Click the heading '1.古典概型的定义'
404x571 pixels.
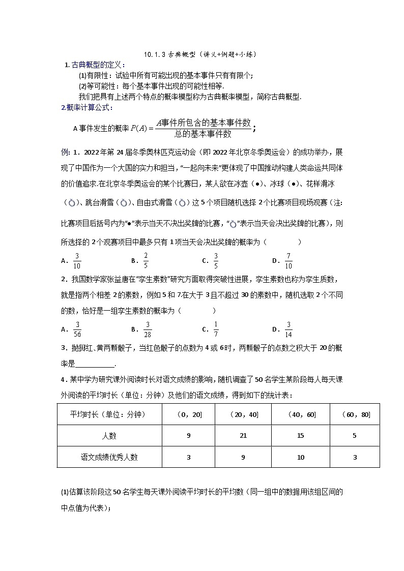point(95,65)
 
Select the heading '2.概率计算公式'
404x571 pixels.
point(88,107)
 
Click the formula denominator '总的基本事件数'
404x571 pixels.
point(203,134)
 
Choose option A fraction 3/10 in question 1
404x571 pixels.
point(77,260)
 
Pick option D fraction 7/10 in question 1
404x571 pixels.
point(288,260)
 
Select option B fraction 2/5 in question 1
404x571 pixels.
point(146,260)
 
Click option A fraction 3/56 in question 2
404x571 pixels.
point(77,329)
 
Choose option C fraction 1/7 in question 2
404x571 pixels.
point(216,329)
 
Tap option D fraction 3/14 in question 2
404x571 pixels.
point(288,329)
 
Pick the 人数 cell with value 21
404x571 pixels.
point(243,435)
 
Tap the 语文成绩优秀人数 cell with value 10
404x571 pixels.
point(301,457)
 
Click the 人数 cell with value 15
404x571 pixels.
point(301,435)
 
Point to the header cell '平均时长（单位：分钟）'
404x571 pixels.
point(108,415)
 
